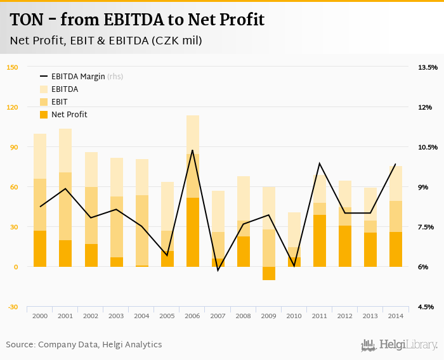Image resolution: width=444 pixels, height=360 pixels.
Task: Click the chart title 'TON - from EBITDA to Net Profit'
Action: pos(137,20)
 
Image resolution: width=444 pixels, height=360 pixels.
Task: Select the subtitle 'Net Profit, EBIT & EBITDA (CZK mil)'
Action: pos(106,41)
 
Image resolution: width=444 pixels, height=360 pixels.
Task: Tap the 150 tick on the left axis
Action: pos(12,67)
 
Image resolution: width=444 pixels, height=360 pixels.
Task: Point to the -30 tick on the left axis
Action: pos(12,307)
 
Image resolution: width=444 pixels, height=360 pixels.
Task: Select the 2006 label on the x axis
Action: pos(192,316)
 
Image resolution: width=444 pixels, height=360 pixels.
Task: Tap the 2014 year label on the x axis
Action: pos(396,316)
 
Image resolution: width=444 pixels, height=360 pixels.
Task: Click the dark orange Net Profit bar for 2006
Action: pos(192,232)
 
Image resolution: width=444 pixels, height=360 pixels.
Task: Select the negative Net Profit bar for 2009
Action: pos(269,273)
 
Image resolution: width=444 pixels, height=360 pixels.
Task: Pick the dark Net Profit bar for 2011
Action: pos(320,241)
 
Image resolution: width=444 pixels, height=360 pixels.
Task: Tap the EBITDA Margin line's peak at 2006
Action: pos(192,150)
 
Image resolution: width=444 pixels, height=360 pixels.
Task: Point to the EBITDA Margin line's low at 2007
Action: pos(218,271)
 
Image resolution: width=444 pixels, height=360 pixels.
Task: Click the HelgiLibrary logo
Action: pos(399,345)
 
